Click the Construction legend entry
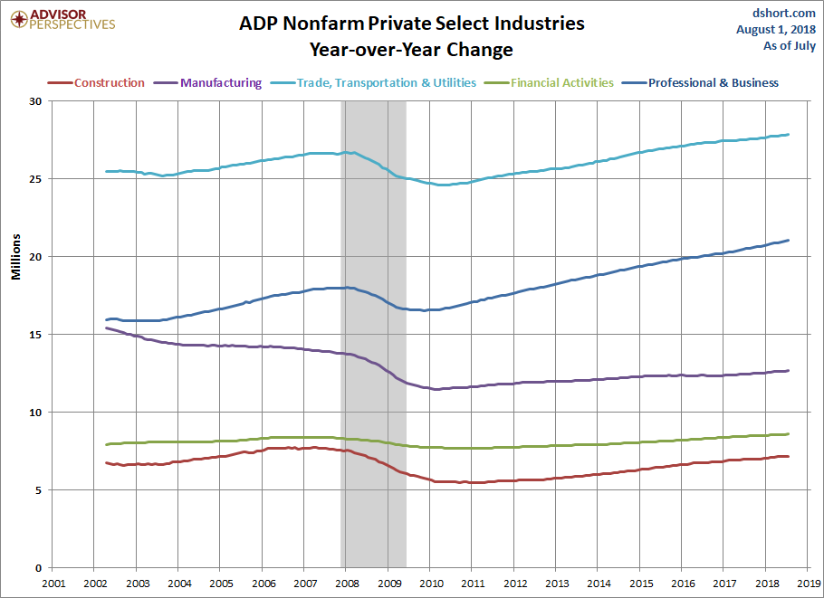96,83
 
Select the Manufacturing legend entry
208,83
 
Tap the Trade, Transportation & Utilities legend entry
374,83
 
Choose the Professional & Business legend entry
700,83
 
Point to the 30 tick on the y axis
34,101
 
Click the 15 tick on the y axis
34,335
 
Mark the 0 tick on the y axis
38,568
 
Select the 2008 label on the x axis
347,584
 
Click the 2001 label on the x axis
53,584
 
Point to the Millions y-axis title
16,257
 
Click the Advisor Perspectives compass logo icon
19,19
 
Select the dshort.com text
784,14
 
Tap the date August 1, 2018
776,29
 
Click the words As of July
790,45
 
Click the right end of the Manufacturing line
788,371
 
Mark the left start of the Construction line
107,462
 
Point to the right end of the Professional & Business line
788,241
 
